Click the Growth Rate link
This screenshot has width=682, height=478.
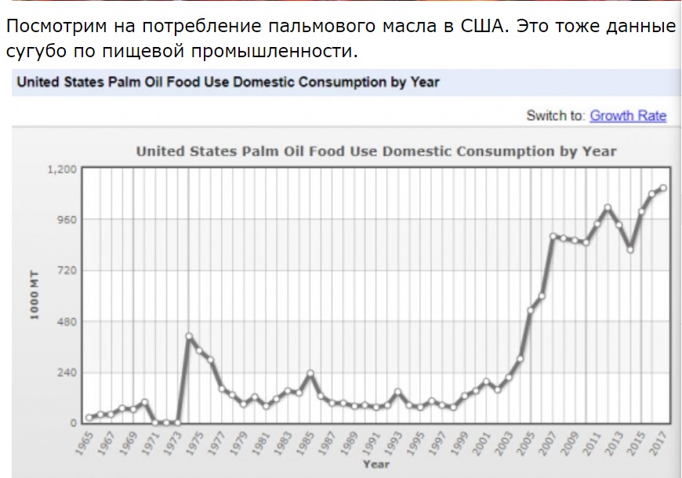point(628,116)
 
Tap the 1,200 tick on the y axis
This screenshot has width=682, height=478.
point(62,168)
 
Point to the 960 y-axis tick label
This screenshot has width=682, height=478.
point(67,219)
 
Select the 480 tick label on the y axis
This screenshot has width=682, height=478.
point(67,321)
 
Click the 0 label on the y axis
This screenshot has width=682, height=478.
point(74,423)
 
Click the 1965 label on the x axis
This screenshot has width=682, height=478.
point(84,444)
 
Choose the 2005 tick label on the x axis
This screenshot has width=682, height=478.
point(525,444)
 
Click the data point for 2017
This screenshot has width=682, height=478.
point(663,188)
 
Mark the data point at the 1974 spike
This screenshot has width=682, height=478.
point(189,335)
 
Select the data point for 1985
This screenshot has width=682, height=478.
point(310,373)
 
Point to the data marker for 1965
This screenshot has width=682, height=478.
point(89,418)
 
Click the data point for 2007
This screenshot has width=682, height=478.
point(553,237)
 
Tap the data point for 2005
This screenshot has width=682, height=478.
point(531,310)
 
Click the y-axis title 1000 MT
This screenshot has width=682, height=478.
point(34,295)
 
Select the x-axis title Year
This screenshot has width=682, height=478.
point(376,464)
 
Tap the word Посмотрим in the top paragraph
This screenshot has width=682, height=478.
point(56,27)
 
